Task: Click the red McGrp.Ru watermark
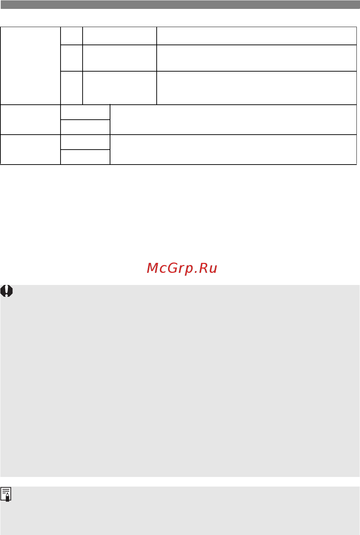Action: pyautogui.click(x=182, y=268)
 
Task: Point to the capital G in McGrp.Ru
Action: pyautogui.click(x=173, y=267)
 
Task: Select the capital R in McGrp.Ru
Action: pyautogui.click(x=203, y=267)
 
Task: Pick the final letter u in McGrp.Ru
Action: pyautogui.click(x=213, y=269)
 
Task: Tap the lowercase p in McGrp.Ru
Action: pyautogui.click(x=189, y=270)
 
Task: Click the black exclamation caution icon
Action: pyautogui.click(x=6, y=291)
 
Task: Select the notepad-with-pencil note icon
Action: pyautogui.click(x=6, y=494)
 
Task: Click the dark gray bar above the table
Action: pyautogui.click(x=180, y=5)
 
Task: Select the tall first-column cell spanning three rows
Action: pyautogui.click(x=31, y=66)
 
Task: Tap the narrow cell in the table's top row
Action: pyautogui.click(x=72, y=36)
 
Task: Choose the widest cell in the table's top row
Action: pyautogui.click(x=257, y=36)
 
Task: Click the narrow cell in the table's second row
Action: pyautogui.click(x=72, y=58)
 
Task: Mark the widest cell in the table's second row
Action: pyautogui.click(x=257, y=58)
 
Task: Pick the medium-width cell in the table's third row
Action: pyautogui.click(x=120, y=88)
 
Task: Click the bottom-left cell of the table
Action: pyautogui.click(x=31, y=150)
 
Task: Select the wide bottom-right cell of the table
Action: pyautogui.click(x=233, y=150)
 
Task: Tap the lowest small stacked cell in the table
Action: pyautogui.click(x=85, y=157)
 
